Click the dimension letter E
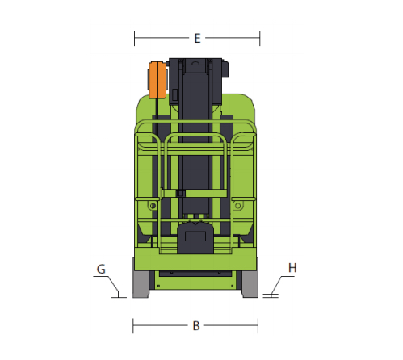[197, 39]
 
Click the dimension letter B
[196, 326]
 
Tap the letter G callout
[101, 269]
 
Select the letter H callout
[292, 268]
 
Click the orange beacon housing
[157, 80]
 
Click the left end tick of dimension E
[134, 38]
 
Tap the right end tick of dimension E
[260, 38]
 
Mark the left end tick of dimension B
[133, 326]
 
